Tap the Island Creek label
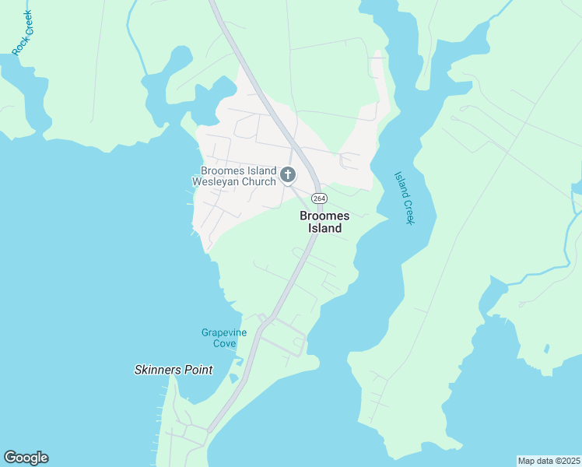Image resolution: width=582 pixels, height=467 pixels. [402, 198]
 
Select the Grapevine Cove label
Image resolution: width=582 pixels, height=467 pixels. [224, 338]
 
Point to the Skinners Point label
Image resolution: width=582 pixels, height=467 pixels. [173, 370]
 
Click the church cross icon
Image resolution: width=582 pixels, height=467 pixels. [288, 174]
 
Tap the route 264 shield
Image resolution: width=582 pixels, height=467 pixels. [318, 198]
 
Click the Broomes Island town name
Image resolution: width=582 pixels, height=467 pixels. [324, 222]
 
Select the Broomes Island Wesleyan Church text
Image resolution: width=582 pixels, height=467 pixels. [238, 176]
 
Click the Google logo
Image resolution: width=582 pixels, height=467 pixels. [26, 458]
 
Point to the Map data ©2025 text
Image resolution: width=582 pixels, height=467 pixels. [548, 460]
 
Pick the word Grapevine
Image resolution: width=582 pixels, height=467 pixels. [224, 332]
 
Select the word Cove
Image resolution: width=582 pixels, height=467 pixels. [224, 343]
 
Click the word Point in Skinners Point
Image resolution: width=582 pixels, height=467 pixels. [198, 370]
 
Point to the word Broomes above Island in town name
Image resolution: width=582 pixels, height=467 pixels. [324, 216]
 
